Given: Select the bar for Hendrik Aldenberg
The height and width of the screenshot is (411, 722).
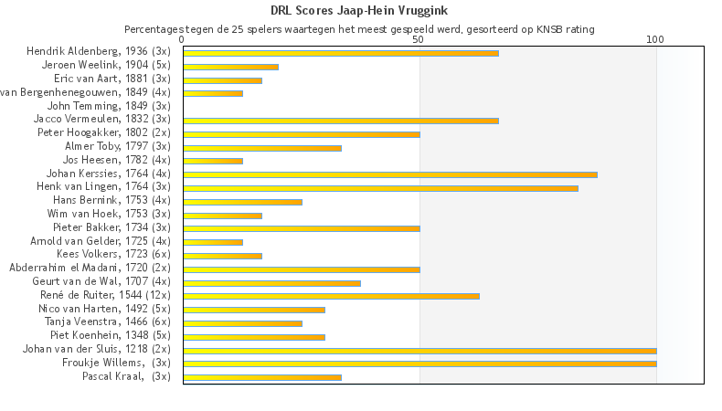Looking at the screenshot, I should [x=341, y=53].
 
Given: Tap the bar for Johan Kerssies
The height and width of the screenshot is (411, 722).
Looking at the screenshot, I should [x=390, y=174].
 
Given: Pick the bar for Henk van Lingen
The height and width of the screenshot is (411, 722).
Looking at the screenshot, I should [x=380, y=188].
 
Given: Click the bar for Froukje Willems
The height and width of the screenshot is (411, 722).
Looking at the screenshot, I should [x=419, y=364].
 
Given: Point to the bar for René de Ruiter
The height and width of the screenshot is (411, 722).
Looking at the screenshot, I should [x=331, y=296].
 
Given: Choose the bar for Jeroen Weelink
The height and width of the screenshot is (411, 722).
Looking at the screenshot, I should [x=230, y=67].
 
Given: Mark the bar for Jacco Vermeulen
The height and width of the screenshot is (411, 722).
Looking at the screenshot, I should [x=341, y=121].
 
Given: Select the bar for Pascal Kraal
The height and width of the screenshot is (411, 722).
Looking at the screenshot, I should [x=262, y=377].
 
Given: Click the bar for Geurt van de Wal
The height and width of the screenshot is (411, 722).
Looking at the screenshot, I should [x=271, y=283].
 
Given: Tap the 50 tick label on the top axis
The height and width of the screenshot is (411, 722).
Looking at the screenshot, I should [x=419, y=40].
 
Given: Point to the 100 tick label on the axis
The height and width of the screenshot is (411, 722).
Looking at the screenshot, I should [x=655, y=40].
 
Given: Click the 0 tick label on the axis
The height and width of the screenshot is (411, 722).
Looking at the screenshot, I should [x=183, y=40].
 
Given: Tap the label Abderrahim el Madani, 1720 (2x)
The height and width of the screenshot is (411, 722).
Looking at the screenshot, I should [x=90, y=268].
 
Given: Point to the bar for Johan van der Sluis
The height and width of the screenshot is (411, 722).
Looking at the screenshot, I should [x=419, y=351].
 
